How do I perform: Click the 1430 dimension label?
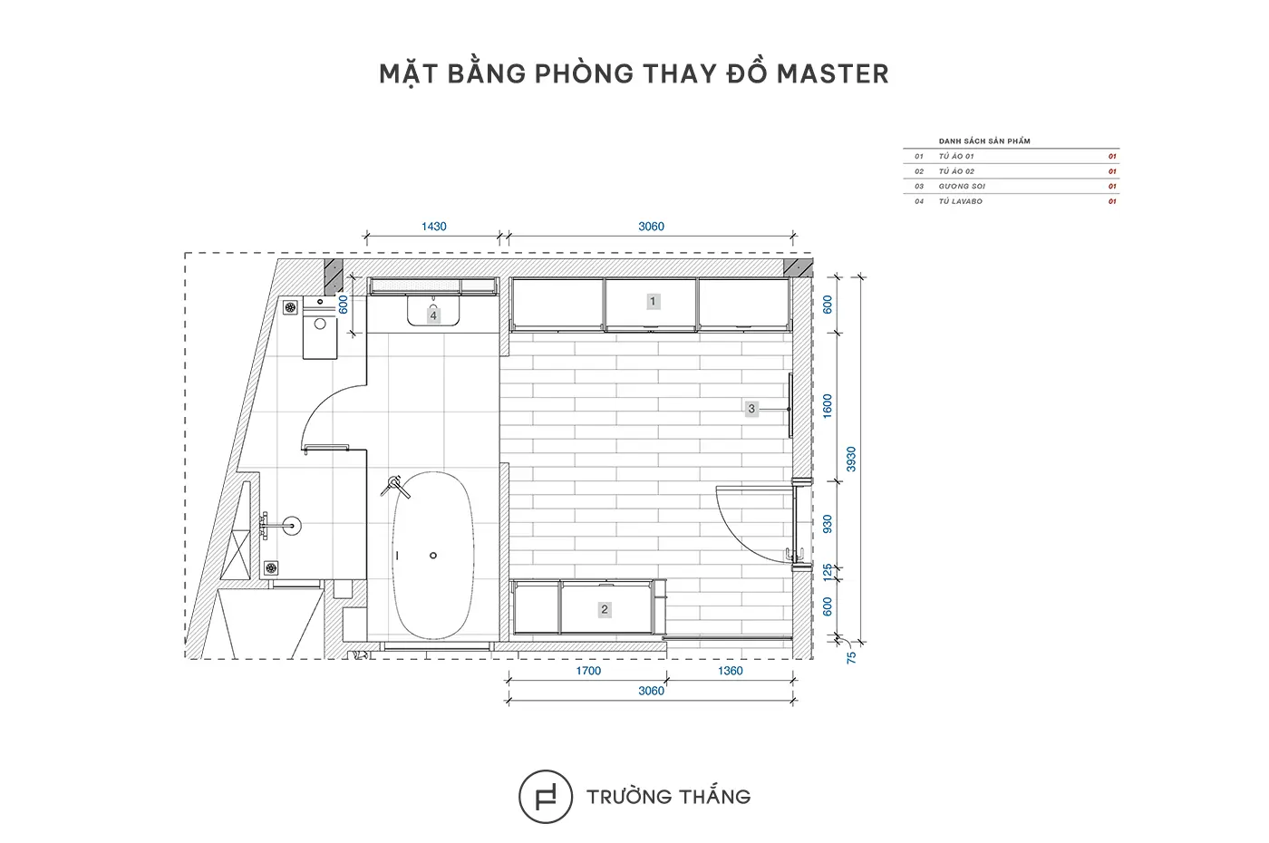(x=434, y=227)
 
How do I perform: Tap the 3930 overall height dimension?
(x=851, y=459)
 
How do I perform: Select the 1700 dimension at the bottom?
(x=588, y=671)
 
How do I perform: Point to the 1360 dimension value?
(x=730, y=671)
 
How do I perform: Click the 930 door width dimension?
(x=828, y=524)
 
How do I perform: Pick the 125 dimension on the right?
(x=828, y=572)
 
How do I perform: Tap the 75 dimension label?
(x=851, y=658)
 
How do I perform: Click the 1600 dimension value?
(x=828, y=406)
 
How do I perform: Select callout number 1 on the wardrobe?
(x=653, y=301)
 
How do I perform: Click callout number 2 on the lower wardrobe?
(x=605, y=609)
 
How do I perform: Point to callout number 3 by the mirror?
(x=751, y=409)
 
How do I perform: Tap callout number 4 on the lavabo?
(x=433, y=315)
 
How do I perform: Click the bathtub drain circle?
(x=433, y=556)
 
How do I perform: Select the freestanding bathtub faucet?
(x=395, y=487)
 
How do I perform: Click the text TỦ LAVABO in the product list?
(x=960, y=201)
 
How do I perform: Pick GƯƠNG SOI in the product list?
(x=962, y=186)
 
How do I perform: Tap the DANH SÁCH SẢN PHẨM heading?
(x=984, y=141)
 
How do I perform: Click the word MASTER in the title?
(x=832, y=74)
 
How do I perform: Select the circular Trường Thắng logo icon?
(x=546, y=797)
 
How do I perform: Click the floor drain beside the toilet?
(x=290, y=307)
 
